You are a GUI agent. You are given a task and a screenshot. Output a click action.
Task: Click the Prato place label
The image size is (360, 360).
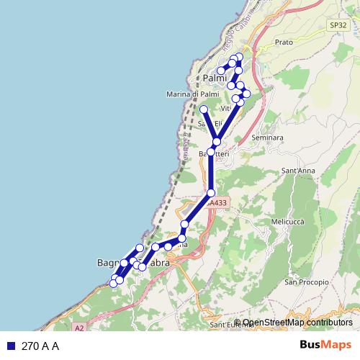pos(284,42)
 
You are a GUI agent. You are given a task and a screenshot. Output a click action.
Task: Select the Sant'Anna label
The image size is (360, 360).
pos(299,171)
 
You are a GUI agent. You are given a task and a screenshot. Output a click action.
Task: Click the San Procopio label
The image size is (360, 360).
pos(302,282)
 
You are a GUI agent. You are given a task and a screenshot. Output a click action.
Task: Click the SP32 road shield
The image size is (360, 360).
pos(338,24)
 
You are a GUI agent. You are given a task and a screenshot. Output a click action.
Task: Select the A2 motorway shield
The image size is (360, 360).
pos(78,328)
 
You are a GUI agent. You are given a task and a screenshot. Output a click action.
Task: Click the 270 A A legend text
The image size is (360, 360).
pos(40,346)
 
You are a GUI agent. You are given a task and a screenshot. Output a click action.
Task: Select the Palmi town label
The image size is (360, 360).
pos(214,78)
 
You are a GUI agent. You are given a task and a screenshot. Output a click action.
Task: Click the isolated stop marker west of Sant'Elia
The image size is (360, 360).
pos(204,109)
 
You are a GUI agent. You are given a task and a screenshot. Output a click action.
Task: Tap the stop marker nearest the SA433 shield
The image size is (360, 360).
pos(211,193)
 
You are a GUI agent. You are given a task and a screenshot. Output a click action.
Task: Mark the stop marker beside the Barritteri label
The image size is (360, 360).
pos(210,153)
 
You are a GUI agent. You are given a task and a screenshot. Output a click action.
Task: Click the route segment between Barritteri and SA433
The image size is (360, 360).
pos(210,173)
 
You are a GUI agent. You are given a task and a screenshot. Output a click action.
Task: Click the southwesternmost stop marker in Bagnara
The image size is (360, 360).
pos(113,283)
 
